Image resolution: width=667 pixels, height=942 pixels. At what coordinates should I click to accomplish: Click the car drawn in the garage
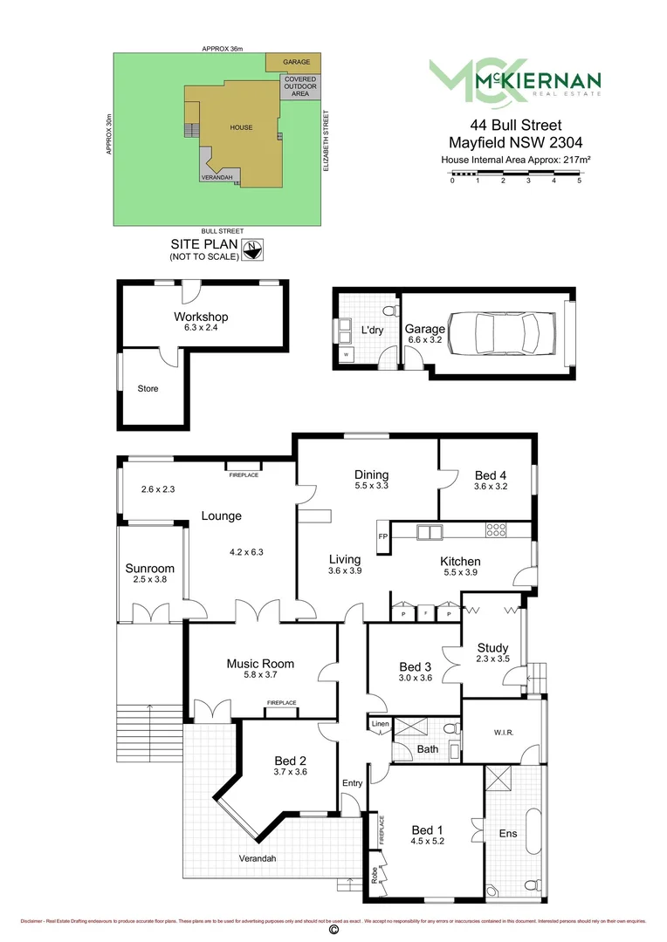coord(503,331)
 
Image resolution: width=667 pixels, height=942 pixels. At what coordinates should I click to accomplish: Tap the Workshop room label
coord(201,317)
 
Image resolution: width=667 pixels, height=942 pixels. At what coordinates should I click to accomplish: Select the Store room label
coord(148,388)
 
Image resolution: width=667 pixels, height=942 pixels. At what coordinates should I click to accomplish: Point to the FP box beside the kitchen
coord(382,536)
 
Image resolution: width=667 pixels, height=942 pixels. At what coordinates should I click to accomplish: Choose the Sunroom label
coord(150,568)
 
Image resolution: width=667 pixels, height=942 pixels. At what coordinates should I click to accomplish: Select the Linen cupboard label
coord(380,725)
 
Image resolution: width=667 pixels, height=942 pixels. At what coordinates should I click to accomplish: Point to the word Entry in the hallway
coord(352,783)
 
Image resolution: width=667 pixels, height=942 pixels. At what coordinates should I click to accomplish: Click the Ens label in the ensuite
coord(507,834)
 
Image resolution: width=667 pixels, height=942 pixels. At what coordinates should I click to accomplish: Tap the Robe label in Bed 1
coord(375,875)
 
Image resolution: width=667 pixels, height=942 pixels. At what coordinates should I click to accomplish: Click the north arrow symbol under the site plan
coord(251,249)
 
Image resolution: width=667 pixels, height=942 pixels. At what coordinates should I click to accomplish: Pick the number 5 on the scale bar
coord(579,181)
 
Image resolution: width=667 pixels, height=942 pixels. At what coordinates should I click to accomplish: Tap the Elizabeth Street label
coord(326,140)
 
